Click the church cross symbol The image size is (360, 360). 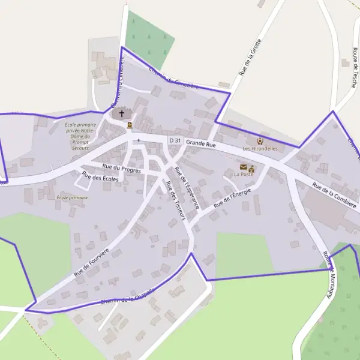tap(122, 113)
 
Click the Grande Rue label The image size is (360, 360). tap(200, 144)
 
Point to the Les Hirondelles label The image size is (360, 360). tap(260, 148)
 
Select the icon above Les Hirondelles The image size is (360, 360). tap(260, 141)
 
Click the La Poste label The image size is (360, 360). tap(244, 174)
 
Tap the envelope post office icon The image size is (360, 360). tap(243, 167)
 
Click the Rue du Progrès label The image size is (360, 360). tap(121, 169)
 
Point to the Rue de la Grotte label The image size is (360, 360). tap(250, 57)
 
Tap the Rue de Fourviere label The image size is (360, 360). tap(92, 262)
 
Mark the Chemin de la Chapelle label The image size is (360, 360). tap(127, 296)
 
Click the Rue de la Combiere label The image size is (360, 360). tap(335, 198)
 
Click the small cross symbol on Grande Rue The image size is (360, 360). tap(139, 140)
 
